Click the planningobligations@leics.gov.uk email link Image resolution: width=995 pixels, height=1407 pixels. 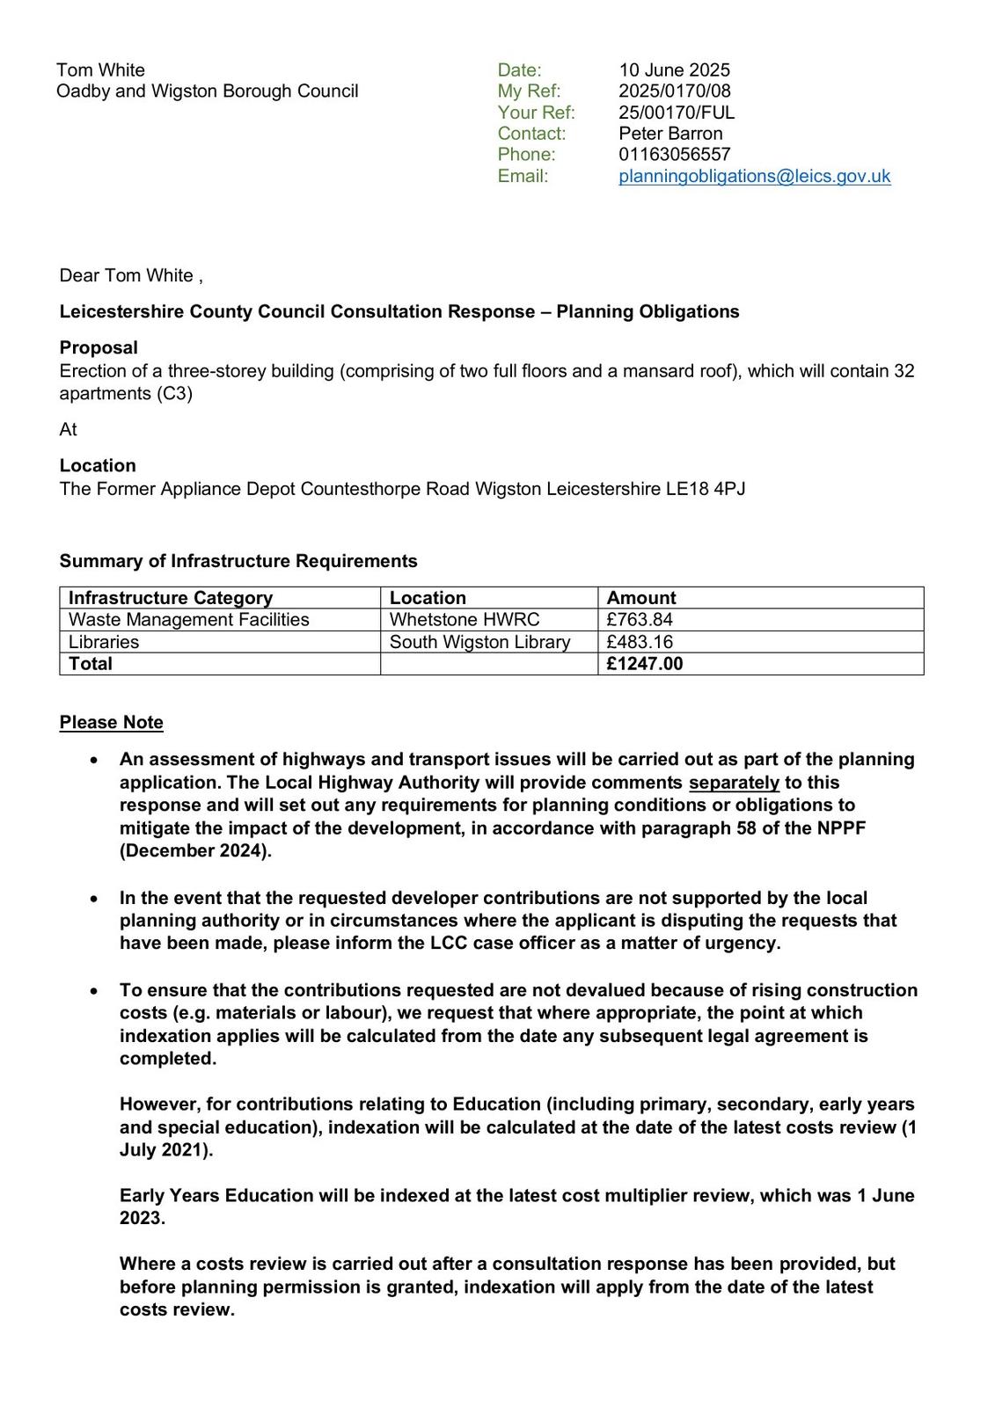[754, 176]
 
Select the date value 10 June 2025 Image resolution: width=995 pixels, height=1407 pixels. [674, 70]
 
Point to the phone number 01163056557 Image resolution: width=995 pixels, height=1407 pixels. [674, 155]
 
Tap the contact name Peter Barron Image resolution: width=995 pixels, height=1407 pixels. [670, 134]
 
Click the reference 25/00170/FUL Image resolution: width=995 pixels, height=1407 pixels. [676, 113]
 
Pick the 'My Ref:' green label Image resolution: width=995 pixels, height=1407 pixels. [529, 91]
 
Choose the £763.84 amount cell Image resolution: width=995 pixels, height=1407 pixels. [640, 620]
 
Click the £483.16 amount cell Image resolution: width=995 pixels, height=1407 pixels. [640, 642]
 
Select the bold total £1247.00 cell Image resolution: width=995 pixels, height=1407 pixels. [644, 664]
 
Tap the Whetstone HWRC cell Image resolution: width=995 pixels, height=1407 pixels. [465, 620]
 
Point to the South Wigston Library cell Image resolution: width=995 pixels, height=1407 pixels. [479, 642]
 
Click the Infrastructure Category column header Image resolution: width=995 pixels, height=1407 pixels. [171, 598]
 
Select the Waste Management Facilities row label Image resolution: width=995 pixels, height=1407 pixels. [188, 620]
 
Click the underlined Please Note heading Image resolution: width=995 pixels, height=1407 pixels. [112, 723]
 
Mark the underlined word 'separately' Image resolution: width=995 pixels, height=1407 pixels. [734, 783]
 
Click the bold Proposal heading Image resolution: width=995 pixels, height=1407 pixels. [99, 348]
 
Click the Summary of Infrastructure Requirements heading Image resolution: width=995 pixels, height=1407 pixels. [238, 561]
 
